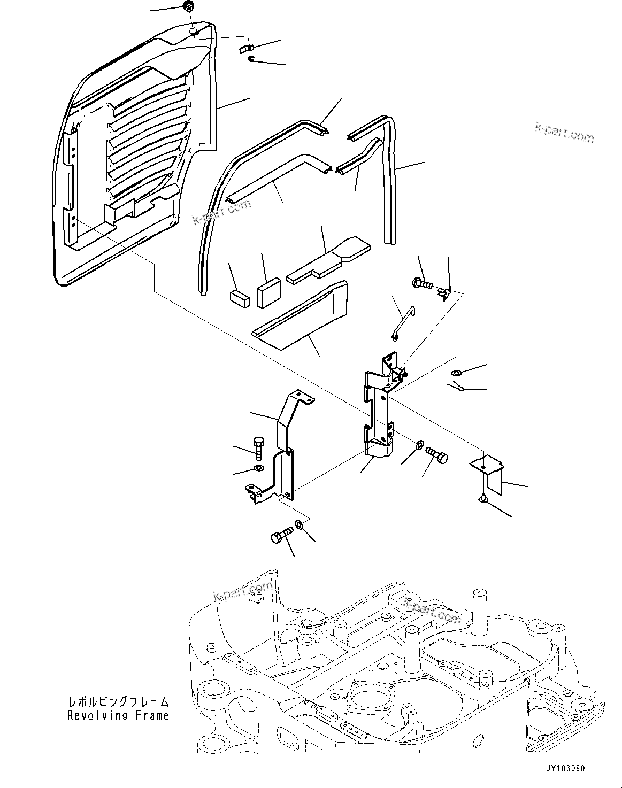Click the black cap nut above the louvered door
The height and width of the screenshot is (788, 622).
point(188,7)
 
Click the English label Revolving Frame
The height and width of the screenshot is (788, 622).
point(118,715)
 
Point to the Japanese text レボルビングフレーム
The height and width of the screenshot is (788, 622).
point(118,701)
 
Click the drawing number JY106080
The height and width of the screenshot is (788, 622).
point(565,768)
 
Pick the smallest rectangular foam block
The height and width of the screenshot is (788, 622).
point(239,298)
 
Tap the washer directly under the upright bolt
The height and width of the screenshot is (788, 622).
point(258,469)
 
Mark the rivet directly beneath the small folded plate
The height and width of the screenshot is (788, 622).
point(482,499)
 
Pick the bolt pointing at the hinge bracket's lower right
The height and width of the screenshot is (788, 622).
point(436,455)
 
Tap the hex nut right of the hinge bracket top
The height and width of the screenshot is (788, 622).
point(456,372)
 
